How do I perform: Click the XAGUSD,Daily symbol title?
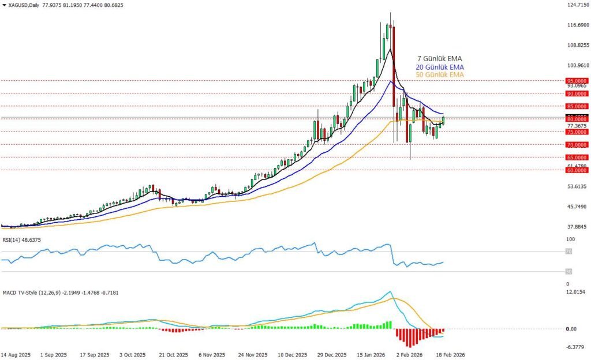pyautogui.click(x=24, y=5)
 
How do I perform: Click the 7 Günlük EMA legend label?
pyautogui.click(x=440, y=59)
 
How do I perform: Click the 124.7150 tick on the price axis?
pyautogui.click(x=578, y=5)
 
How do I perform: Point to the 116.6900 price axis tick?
pyautogui.click(x=578, y=25)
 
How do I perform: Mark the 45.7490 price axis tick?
pyautogui.click(x=577, y=207)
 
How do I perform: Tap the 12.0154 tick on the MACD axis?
pyautogui.click(x=576, y=292)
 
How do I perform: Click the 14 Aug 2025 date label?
pyautogui.click(x=16, y=355)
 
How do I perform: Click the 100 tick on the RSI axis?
pyautogui.click(x=571, y=239)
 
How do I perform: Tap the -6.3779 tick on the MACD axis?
pyautogui.click(x=576, y=347)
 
